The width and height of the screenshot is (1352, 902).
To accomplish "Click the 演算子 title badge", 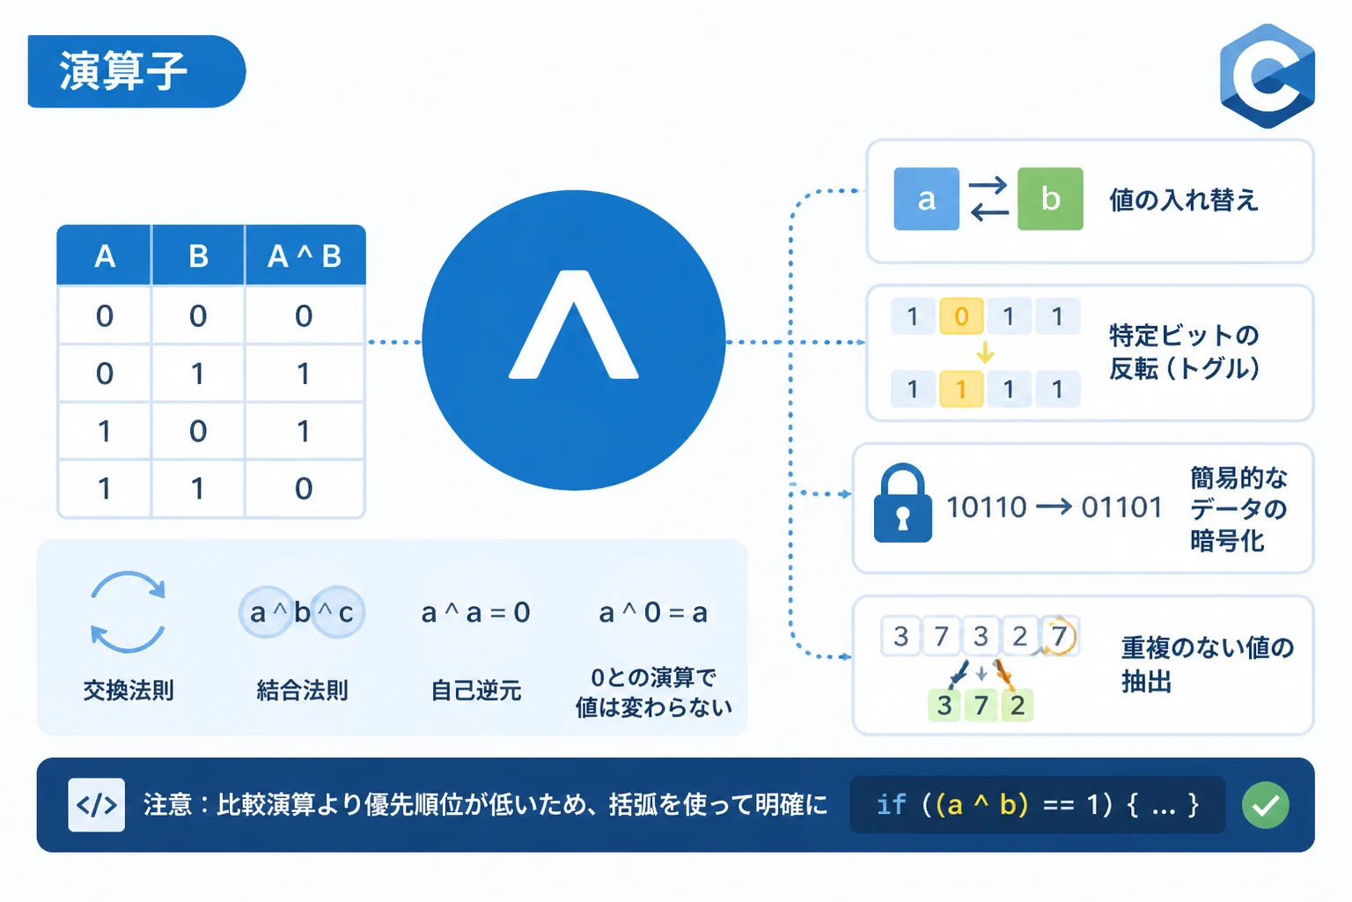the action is [136, 71].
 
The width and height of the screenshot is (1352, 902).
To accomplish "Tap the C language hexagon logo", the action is [1267, 76].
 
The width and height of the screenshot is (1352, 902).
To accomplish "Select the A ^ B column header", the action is [305, 255].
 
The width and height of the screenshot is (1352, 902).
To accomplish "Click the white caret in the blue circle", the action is [573, 325].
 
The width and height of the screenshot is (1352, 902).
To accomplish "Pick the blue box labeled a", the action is [927, 199].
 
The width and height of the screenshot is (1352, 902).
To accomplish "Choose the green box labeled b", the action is [1050, 199].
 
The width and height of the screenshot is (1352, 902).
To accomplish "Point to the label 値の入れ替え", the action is [1184, 200].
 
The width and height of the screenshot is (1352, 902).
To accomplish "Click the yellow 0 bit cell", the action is [961, 316].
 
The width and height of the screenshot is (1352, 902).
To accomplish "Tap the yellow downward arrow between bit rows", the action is [985, 352].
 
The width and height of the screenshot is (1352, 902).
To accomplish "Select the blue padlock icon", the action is [902, 503].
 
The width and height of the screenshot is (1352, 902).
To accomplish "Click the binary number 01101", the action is [1121, 507].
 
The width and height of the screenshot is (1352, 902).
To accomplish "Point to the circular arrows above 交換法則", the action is [128, 612].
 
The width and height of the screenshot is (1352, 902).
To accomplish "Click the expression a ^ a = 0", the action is [475, 613].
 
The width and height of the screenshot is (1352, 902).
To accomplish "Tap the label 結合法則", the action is [303, 690].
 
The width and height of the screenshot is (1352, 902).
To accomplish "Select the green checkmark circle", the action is [1266, 805].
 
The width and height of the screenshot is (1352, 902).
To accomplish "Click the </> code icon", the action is [97, 805].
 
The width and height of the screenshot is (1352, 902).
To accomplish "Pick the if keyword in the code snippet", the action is [891, 805].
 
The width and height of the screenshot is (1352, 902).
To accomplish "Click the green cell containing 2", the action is [1018, 705].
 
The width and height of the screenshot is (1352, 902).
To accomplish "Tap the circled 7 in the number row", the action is [1059, 636].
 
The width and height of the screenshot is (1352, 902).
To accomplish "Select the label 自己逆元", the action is [476, 690].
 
